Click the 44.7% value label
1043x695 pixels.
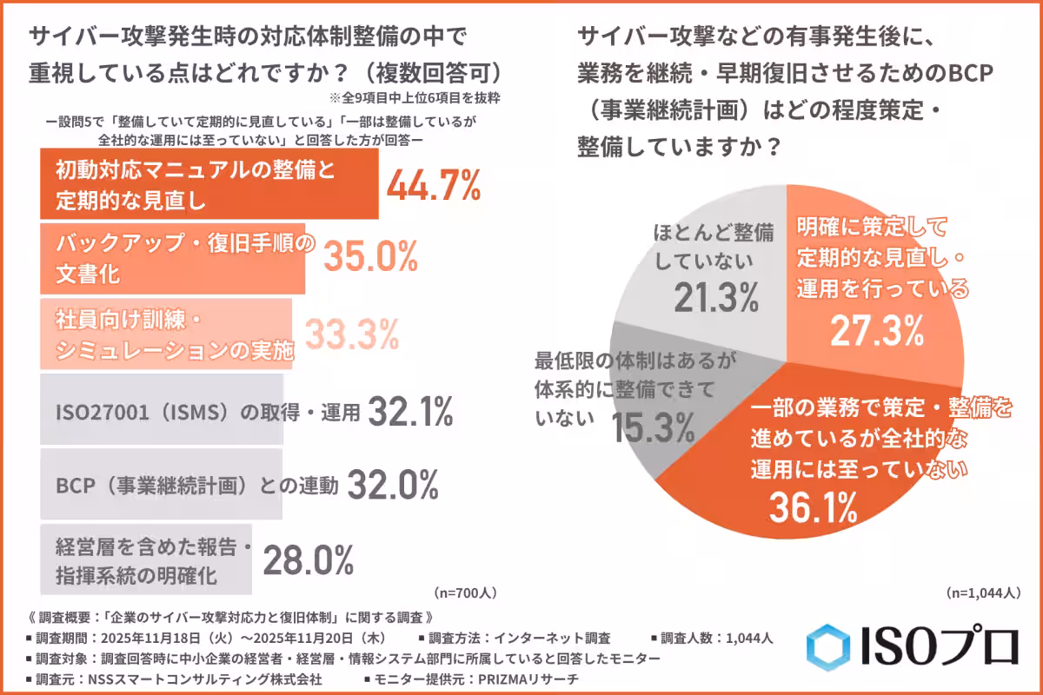[433, 184]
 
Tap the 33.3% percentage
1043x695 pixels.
[350, 332]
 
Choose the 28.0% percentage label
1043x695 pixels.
[308, 559]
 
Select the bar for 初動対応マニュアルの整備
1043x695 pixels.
[209, 184]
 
